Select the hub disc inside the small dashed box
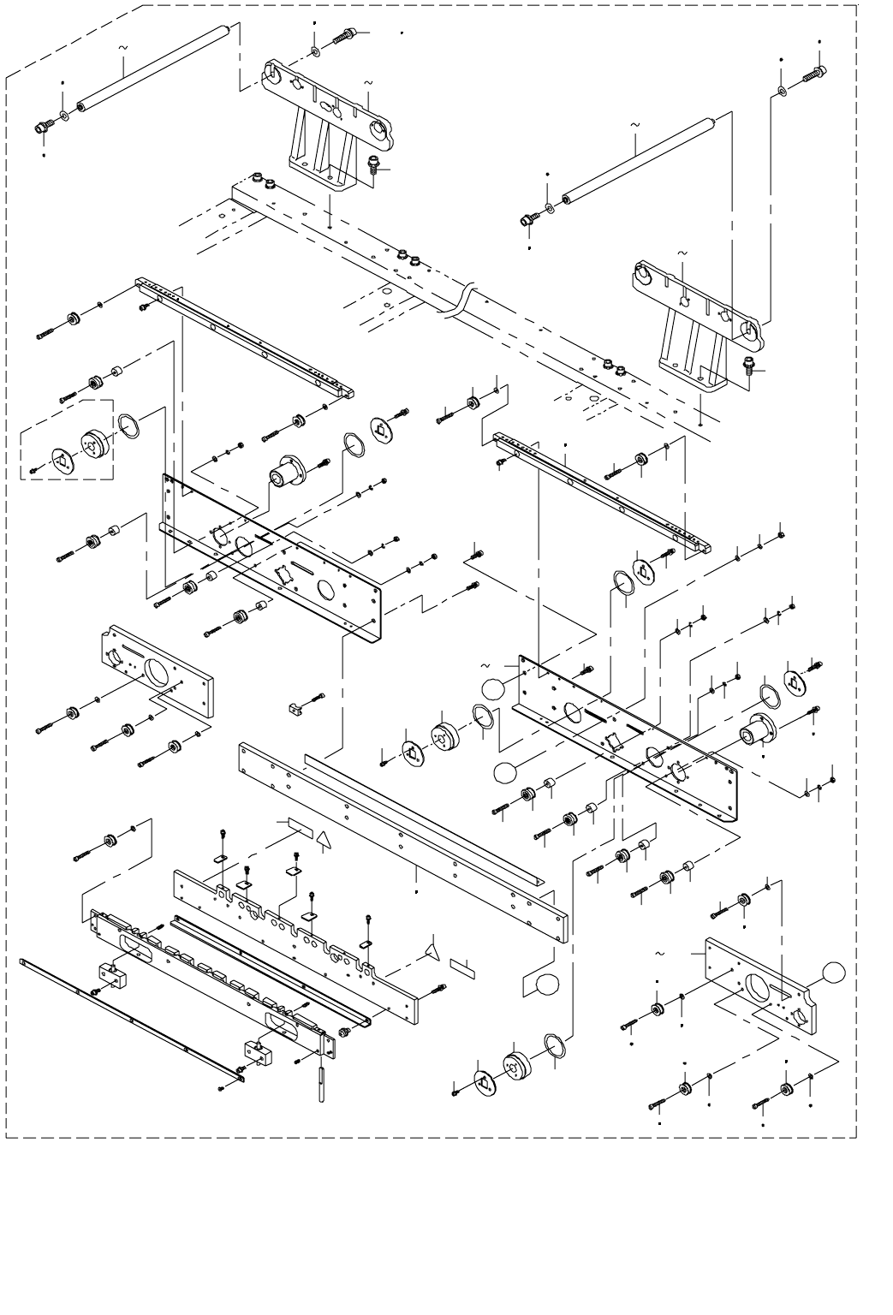[92, 446]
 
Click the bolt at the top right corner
[814, 74]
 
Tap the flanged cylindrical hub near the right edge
[757, 733]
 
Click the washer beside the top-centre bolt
[318, 52]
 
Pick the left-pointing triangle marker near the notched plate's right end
[432, 949]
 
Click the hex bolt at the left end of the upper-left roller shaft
[40, 128]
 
